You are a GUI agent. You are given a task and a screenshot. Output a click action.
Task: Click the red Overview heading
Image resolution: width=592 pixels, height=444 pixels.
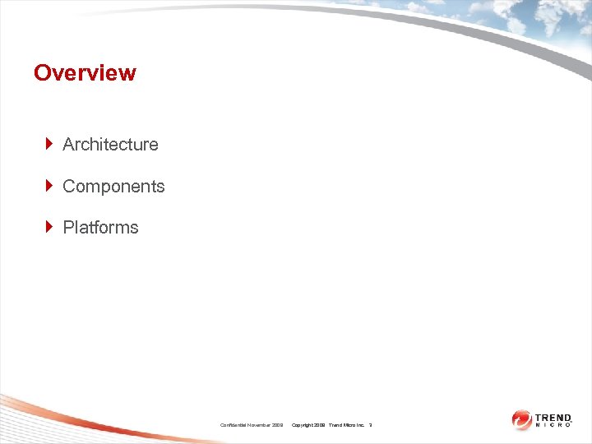85,73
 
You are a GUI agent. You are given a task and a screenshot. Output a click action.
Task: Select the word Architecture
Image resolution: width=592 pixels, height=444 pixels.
110,145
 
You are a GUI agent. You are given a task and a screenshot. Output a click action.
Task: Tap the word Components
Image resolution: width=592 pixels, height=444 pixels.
113,187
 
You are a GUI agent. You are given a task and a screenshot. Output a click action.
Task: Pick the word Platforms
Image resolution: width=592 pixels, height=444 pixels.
100,228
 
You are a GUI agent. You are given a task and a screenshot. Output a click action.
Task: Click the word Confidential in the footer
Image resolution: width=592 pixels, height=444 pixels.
236,425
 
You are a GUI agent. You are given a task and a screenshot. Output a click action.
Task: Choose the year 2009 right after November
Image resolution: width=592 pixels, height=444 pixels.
278,425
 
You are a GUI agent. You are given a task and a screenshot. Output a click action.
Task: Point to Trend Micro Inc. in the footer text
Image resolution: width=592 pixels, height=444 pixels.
347,425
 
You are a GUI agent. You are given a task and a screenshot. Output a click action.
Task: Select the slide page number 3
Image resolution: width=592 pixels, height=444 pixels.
371,425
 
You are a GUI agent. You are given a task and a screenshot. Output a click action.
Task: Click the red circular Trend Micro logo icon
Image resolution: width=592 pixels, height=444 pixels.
521,419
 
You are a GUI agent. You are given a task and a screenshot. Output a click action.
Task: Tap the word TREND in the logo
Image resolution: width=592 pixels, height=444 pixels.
553,417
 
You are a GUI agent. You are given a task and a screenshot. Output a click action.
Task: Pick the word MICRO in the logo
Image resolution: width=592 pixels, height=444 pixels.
553,426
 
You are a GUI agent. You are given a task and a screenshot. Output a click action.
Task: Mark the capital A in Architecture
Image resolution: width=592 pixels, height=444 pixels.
68,145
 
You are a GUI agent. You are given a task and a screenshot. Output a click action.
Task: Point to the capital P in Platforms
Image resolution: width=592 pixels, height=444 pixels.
68,228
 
